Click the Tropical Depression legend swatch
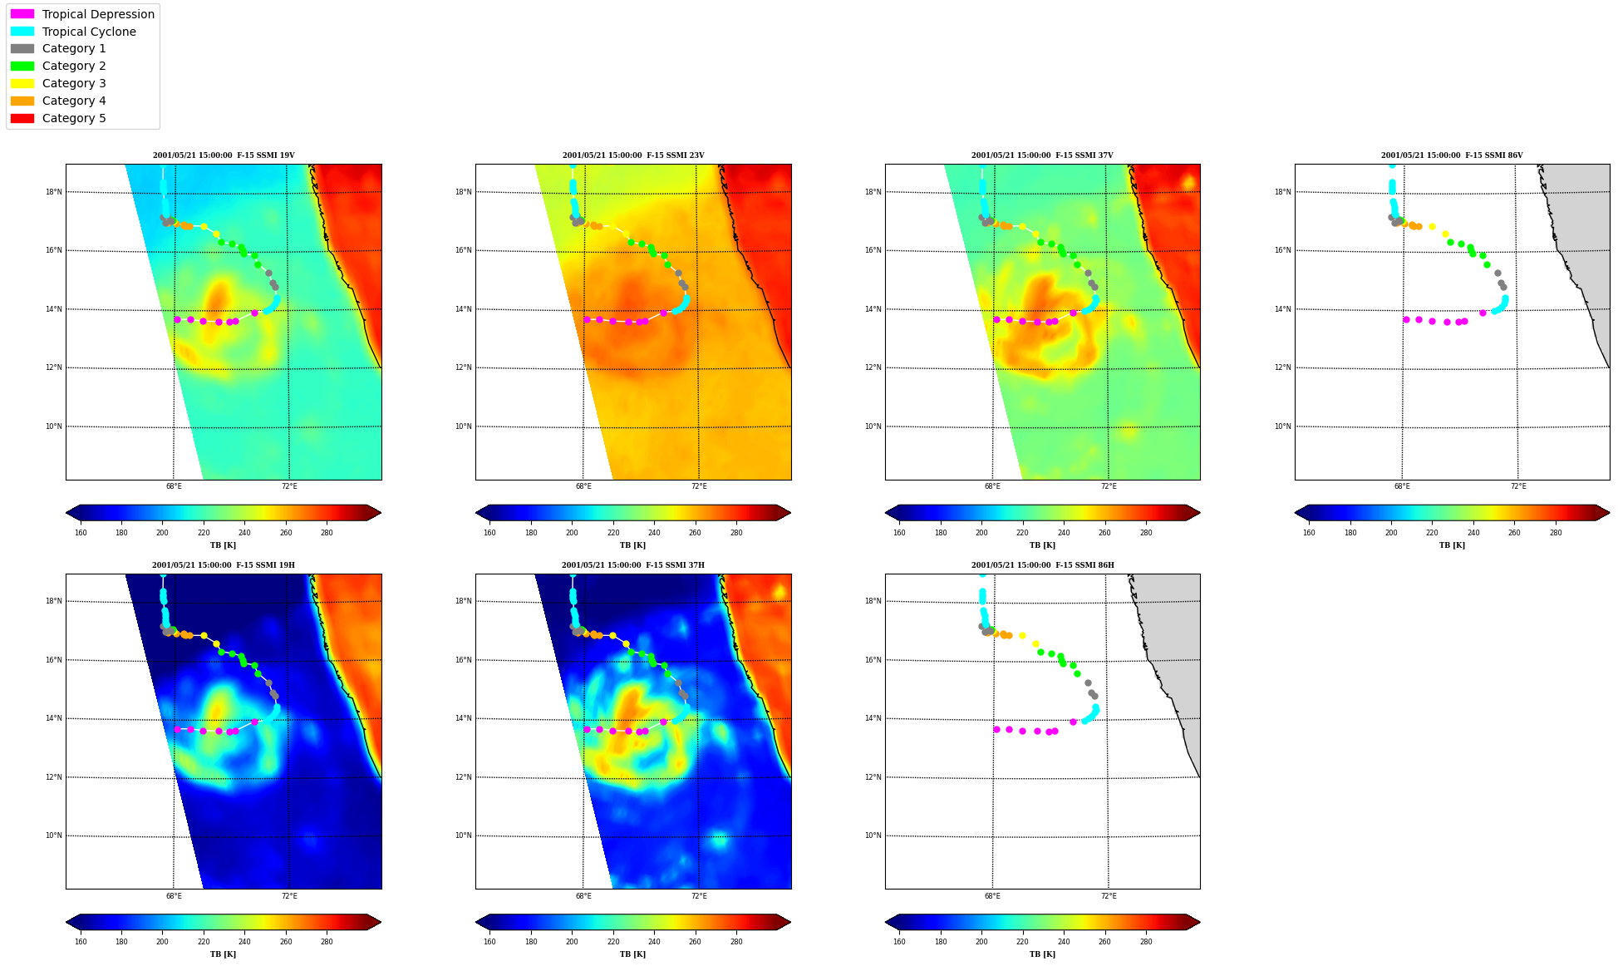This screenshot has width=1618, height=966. coord(22,14)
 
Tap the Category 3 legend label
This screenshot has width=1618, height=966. coord(74,83)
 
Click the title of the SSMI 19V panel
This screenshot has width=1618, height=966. coord(224,155)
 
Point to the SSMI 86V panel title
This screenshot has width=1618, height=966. coord(1452,155)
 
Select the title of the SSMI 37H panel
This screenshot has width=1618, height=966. coord(633,565)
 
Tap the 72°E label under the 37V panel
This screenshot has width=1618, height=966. coord(1109,486)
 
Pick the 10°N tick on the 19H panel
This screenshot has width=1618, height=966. coord(53,835)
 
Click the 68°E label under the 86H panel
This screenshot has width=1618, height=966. coord(992,896)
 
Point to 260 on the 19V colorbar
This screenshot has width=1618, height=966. coord(286,533)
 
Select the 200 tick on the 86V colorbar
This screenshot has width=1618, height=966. coord(1391,533)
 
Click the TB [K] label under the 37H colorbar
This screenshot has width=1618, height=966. coord(632,954)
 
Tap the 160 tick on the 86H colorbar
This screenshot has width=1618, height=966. coord(899,942)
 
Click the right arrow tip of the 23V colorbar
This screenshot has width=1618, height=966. coord(790,513)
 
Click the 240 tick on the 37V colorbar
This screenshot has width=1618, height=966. coord(1064,533)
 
